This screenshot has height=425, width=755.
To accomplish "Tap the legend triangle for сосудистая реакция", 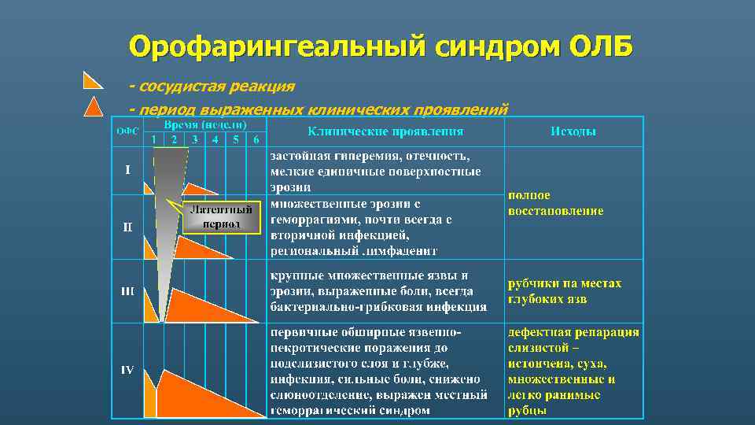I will click(92, 80).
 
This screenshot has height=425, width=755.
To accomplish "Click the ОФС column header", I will click(127, 131).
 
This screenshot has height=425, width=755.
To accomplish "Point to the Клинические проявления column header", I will click(385, 131).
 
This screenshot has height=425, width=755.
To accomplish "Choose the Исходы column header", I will click(573, 131).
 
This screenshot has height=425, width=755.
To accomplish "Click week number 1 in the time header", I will click(153, 140).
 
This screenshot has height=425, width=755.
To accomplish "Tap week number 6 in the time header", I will click(255, 140).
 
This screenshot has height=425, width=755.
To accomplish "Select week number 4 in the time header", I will click(215, 140).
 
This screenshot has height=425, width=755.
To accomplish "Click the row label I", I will click(127, 169).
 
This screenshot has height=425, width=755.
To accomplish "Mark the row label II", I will click(127, 227).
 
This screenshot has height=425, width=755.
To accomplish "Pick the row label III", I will click(127, 291).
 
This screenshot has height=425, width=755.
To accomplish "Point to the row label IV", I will click(127, 370).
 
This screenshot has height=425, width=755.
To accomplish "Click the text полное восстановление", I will click(555, 203).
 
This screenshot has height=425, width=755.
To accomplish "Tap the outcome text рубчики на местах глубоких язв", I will click(564, 291).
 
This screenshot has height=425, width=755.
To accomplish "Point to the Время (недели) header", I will click(205, 125).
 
